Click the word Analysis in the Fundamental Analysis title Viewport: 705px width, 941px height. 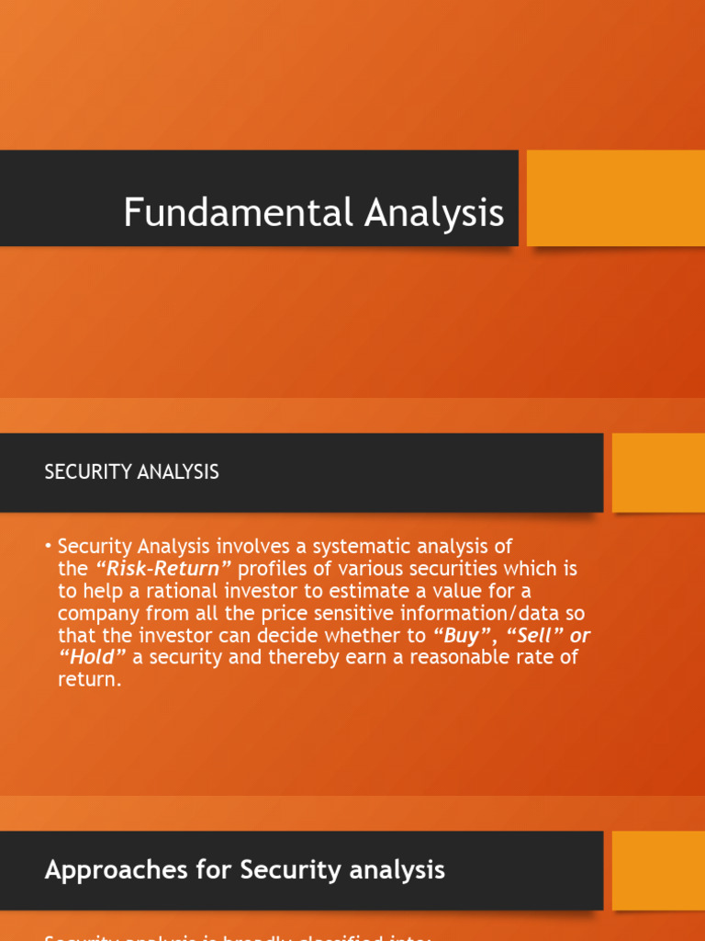(x=434, y=213)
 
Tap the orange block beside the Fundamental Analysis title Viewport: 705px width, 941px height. (x=615, y=198)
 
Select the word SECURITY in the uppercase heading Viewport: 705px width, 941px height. (x=87, y=472)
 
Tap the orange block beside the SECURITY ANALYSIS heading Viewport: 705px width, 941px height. (x=657, y=472)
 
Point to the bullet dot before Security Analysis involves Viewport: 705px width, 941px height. (x=48, y=547)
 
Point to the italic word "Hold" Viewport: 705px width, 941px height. (x=93, y=658)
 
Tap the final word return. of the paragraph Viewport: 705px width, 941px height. (x=89, y=681)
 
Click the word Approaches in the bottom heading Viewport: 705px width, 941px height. (x=106, y=869)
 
